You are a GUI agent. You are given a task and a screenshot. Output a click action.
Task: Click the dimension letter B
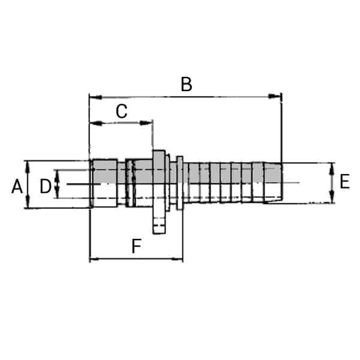187,85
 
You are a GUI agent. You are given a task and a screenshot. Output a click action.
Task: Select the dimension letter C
121,112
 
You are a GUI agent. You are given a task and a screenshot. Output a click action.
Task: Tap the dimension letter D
46,187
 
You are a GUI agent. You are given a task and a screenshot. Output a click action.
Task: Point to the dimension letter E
344,182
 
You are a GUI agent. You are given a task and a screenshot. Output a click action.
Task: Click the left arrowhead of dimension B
94,96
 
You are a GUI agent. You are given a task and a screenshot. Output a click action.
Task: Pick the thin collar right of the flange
179,183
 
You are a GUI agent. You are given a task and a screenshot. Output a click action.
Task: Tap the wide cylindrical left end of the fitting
103,183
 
